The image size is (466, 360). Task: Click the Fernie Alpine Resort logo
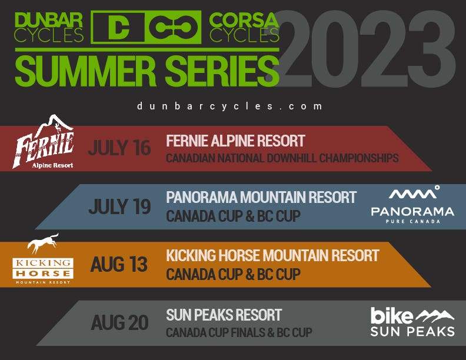pos(43,142)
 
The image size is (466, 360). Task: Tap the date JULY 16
pos(119,148)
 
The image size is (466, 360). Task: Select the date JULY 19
pos(119,206)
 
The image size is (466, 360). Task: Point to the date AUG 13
pos(119,264)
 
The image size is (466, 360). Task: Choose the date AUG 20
pos(119,322)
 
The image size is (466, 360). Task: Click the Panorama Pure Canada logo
pos(412,205)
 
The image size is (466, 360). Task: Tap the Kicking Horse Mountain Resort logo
pos(43,259)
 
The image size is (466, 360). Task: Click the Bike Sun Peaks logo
pos(412,322)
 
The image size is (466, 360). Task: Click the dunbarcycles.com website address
pos(229,106)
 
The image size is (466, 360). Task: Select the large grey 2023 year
pos(365,49)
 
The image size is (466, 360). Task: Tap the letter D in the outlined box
pos(118,27)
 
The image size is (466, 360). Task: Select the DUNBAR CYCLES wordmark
pos(49,27)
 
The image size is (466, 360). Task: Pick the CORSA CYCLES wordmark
pos(244,27)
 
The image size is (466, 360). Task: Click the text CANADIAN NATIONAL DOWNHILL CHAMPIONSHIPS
pos(282,158)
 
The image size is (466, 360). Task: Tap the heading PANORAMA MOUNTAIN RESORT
pos(261,197)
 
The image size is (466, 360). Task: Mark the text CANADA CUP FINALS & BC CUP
pos(239,332)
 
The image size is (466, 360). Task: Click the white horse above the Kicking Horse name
pos(43,243)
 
